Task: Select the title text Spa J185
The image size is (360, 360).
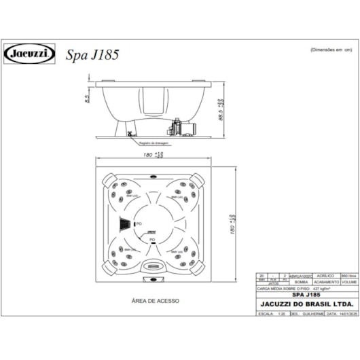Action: click(x=92, y=54)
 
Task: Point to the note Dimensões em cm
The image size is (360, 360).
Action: click(x=331, y=50)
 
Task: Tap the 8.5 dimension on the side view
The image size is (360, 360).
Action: click(x=87, y=99)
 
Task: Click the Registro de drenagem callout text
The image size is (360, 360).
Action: click(x=154, y=143)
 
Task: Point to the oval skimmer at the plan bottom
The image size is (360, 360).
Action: click(x=153, y=267)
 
